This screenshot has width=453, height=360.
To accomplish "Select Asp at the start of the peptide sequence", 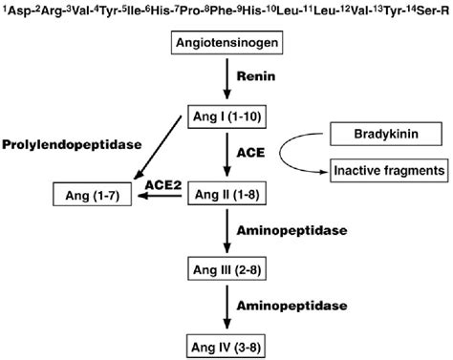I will (15, 10).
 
